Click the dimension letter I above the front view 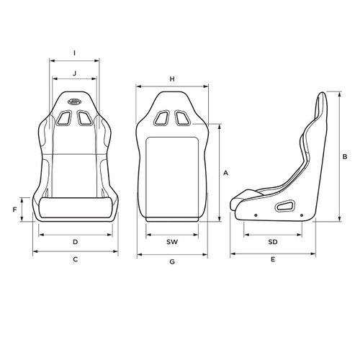click(75, 53)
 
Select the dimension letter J click(75, 73)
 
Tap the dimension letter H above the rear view click(172, 78)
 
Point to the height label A click(225, 173)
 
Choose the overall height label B click(345, 156)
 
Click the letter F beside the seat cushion click(14, 210)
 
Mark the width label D click(75, 242)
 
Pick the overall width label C click(75, 259)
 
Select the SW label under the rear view click(172, 242)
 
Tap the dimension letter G click(172, 263)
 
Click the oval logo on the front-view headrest click(75, 102)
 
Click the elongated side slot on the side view click(285, 207)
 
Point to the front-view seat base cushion click(75, 210)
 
